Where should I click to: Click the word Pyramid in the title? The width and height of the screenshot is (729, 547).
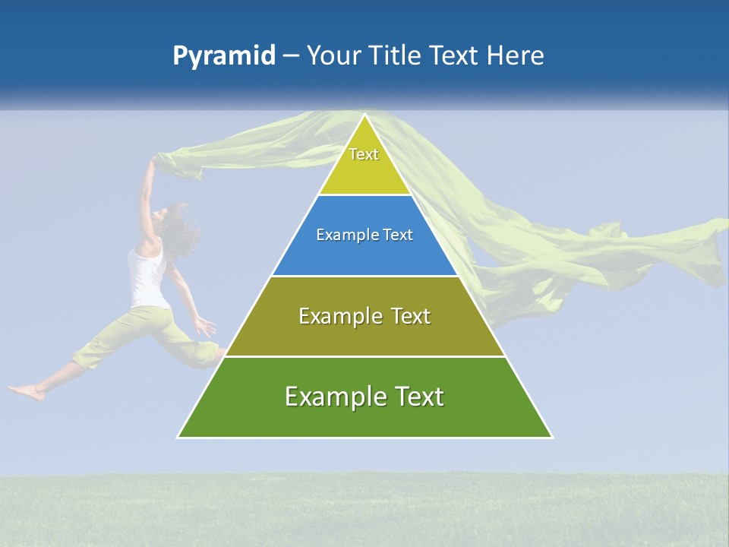pos(224,56)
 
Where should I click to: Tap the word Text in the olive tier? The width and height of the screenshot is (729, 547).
pos(402,316)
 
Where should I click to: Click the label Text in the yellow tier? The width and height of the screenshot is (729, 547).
pos(364,154)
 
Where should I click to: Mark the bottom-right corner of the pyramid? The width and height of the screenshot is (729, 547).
pos(551,437)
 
